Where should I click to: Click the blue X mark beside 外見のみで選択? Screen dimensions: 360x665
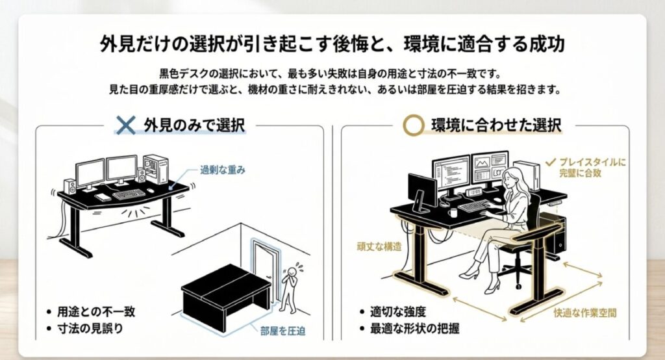125,125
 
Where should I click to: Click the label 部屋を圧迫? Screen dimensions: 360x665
283,330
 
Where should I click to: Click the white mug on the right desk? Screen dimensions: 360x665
453,212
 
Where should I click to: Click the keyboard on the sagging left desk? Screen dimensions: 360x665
129,194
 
